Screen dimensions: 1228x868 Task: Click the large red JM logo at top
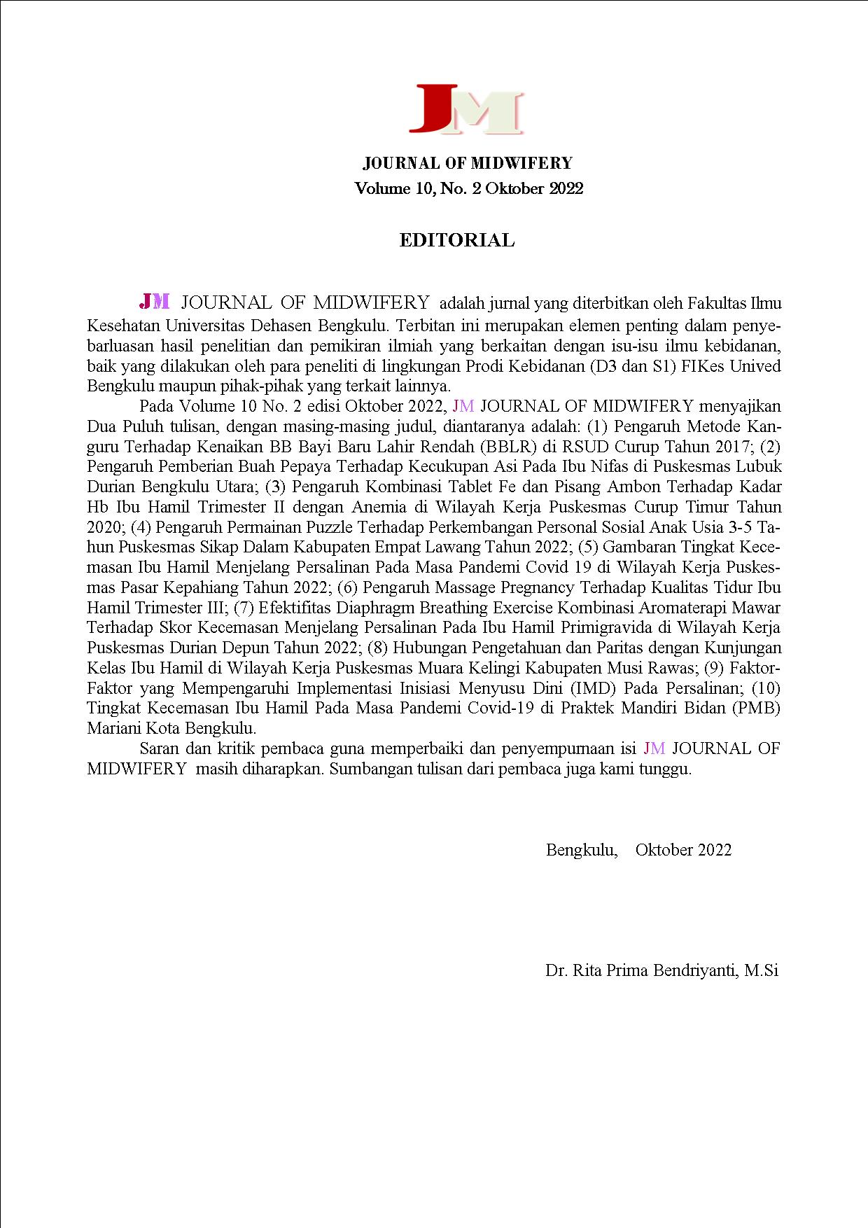[x=466, y=109]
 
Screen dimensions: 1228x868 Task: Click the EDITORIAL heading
[x=456, y=241]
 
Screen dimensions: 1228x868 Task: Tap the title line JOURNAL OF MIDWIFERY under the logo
[x=468, y=164]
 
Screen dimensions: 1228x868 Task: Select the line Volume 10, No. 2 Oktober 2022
[x=468, y=188]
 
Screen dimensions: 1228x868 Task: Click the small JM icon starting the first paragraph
[x=155, y=301]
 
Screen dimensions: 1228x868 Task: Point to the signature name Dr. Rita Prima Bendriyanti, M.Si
[x=661, y=970]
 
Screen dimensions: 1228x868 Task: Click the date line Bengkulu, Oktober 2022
[x=638, y=850]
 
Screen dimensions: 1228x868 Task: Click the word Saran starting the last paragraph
[x=160, y=748]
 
